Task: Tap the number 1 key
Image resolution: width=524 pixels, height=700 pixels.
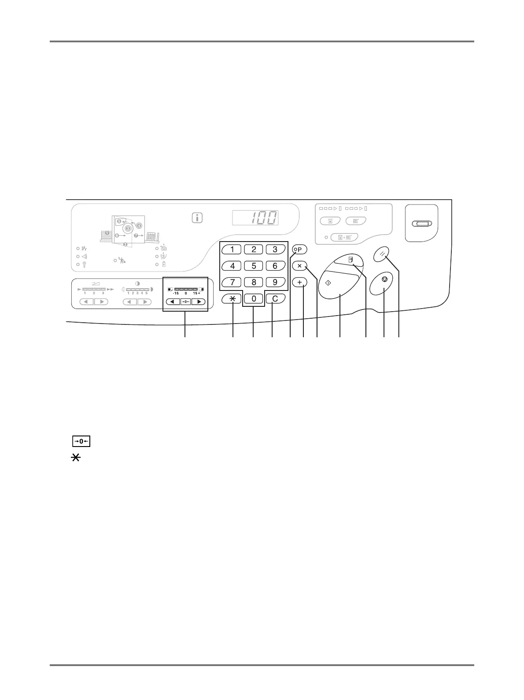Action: click(x=232, y=249)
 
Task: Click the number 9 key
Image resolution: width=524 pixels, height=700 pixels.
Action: click(x=275, y=282)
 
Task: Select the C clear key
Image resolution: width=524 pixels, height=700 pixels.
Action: click(x=275, y=299)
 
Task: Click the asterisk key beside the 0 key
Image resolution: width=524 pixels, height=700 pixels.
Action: click(x=232, y=299)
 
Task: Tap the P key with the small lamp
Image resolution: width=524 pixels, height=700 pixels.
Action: click(x=299, y=249)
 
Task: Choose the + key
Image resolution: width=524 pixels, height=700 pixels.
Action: click(x=299, y=282)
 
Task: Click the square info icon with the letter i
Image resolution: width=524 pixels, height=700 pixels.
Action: click(x=197, y=217)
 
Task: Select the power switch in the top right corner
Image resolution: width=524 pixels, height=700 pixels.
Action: click(x=421, y=224)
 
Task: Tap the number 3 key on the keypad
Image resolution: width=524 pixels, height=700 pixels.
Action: click(x=275, y=249)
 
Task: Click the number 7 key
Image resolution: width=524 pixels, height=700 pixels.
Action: click(x=232, y=282)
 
